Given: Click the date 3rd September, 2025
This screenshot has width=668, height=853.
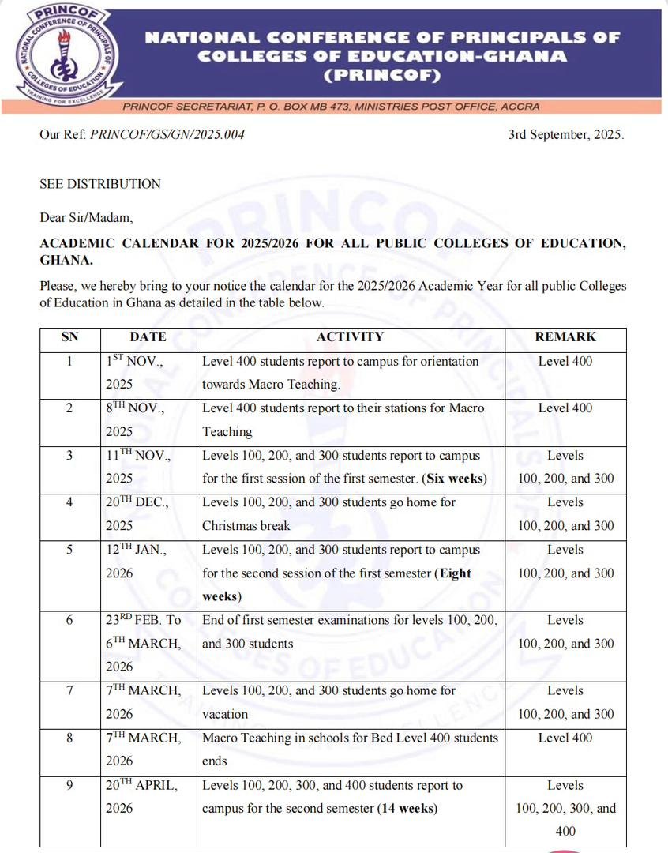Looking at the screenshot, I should click(566, 134).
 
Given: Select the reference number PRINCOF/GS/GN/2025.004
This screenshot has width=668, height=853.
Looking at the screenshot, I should click(167, 134).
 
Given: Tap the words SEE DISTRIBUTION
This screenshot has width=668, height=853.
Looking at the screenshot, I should click(100, 184).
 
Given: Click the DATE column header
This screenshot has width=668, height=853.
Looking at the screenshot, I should click(148, 336).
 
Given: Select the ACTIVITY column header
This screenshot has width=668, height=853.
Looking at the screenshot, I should click(350, 336).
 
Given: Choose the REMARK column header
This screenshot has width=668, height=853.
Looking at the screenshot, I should click(565, 336).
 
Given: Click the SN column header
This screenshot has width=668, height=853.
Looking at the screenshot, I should click(69, 336).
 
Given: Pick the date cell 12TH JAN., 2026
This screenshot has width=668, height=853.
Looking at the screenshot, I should click(141, 561).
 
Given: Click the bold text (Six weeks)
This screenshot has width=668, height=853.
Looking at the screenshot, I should click(455, 479).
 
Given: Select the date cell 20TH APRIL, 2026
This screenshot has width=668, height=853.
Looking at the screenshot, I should click(143, 796).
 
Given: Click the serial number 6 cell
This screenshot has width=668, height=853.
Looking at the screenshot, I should click(69, 620).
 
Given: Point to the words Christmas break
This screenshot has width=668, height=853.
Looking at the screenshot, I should click(246, 526).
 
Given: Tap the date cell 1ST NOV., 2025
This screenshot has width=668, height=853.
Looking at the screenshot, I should click(138, 373).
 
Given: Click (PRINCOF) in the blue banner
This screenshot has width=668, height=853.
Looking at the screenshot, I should click(382, 76).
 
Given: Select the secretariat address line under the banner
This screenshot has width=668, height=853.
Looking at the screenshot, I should click(371, 107).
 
